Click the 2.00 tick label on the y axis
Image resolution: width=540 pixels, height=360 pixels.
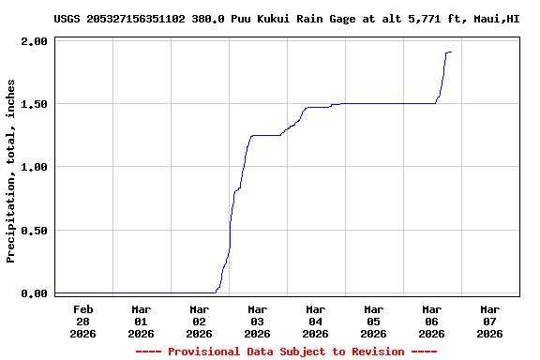pos(34,41)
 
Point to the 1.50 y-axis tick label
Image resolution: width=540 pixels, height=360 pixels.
pos(34,104)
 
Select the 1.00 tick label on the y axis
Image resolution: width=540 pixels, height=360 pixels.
pos(34,167)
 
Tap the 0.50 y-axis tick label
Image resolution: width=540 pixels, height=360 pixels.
pos(34,230)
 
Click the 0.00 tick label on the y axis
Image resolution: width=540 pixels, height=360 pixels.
pos(34,293)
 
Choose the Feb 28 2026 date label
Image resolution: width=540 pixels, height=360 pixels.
pos(82,321)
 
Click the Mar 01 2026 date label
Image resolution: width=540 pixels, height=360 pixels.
pos(141,321)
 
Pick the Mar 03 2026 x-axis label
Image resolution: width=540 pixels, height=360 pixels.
pos(257,321)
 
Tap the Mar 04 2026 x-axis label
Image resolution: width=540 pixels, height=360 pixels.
pos(315,321)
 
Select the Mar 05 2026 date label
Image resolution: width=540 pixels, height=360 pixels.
pos(373,321)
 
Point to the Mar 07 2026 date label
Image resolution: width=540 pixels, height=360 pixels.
pos(489,321)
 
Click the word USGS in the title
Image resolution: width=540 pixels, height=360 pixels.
pos(67,18)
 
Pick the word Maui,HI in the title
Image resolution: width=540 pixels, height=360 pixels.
pos(494,18)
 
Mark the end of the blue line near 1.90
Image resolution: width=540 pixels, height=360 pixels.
pos(451,52)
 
